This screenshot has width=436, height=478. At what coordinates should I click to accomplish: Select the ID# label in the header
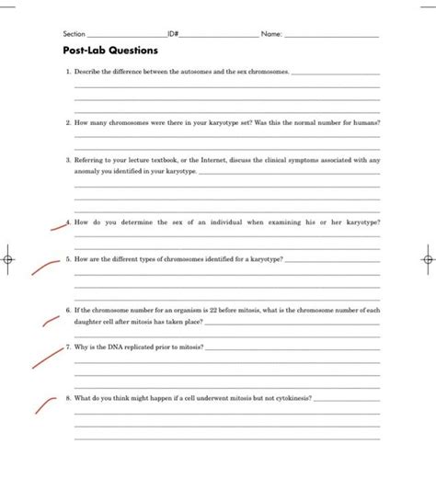pyautogui.click(x=173, y=33)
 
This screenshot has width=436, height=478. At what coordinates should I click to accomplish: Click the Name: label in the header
pyautogui.click(x=271, y=33)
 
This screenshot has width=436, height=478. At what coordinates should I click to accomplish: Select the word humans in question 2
pyautogui.click(x=366, y=121)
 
